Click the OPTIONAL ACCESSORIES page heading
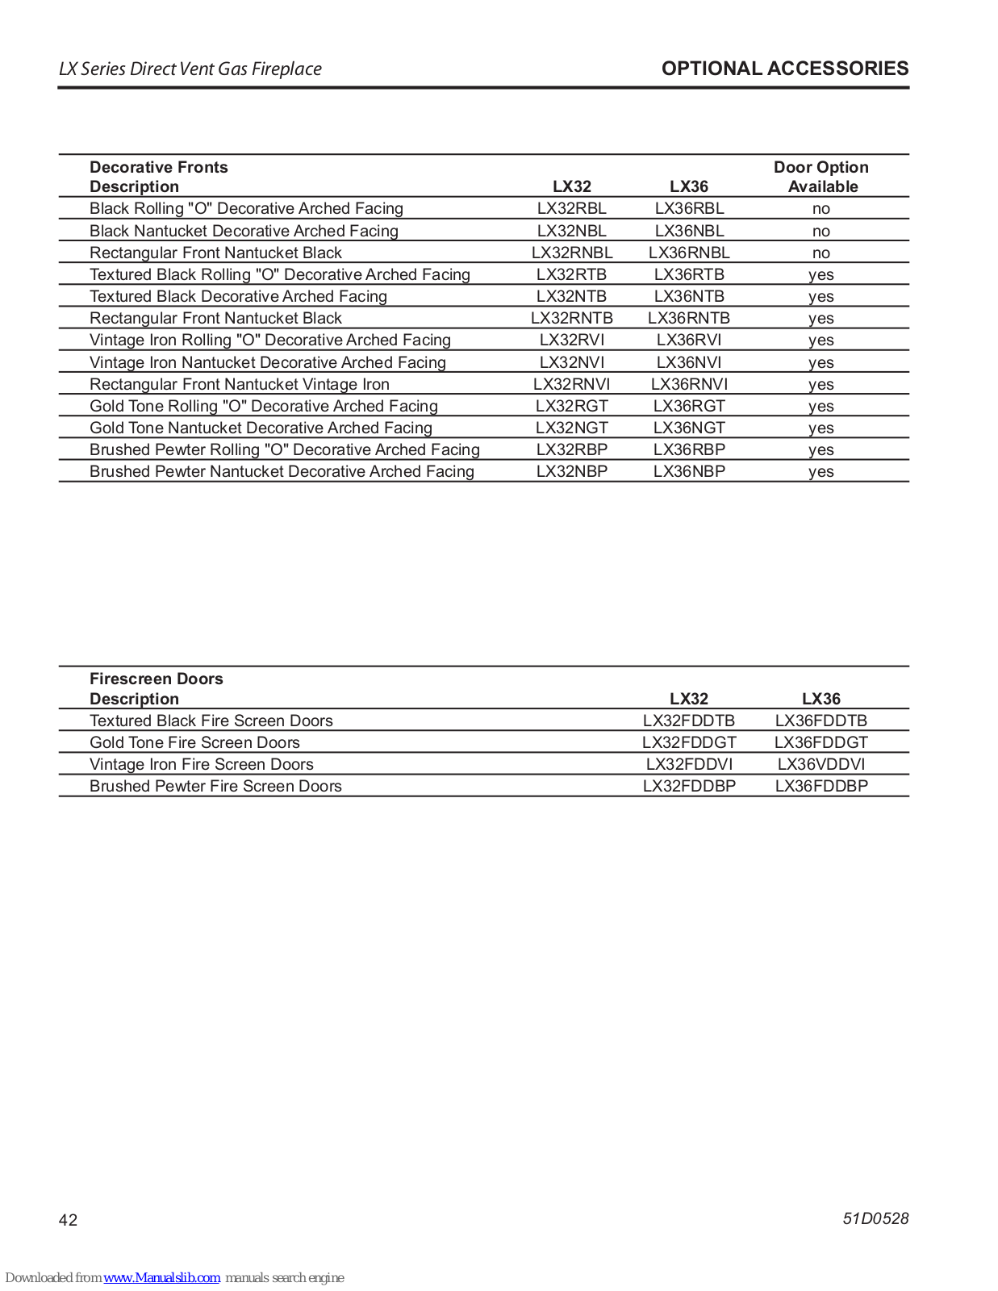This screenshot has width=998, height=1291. (x=784, y=69)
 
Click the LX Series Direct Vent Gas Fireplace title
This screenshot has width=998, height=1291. (x=190, y=69)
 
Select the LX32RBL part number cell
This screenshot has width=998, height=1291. (x=571, y=209)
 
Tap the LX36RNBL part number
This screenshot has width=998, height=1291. (x=689, y=253)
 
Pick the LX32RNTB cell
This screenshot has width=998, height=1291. (x=571, y=319)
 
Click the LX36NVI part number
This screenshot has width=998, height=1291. (x=689, y=362)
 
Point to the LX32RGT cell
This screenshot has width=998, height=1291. (x=571, y=406)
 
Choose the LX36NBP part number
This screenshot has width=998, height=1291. (x=689, y=472)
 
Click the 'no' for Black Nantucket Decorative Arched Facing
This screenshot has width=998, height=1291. (x=821, y=232)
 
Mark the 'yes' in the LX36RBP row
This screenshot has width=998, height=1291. (x=821, y=450)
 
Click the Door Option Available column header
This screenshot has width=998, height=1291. (x=821, y=177)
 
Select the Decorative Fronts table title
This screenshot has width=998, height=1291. (x=159, y=167)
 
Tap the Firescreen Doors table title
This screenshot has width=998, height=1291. (x=157, y=679)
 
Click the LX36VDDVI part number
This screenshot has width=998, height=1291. (x=821, y=764)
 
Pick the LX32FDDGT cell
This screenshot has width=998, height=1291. (x=689, y=742)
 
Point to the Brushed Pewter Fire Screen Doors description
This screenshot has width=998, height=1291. (x=215, y=786)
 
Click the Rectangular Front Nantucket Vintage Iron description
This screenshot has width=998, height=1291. (x=240, y=384)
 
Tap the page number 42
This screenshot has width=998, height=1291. (x=69, y=1220)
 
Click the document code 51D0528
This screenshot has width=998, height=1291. (x=875, y=1218)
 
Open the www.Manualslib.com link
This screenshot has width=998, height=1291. (x=161, y=1277)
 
